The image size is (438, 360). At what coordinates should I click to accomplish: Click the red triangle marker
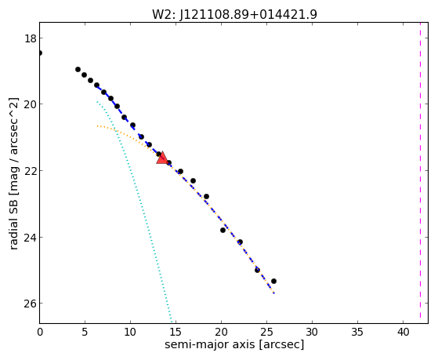162,158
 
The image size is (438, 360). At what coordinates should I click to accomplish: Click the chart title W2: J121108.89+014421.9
234,15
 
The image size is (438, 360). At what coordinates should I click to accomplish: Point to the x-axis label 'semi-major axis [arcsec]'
234,344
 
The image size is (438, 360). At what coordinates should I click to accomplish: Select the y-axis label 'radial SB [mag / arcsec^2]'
13,173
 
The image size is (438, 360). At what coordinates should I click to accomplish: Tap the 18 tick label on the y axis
31,38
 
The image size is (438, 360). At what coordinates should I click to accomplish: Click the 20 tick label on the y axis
31,104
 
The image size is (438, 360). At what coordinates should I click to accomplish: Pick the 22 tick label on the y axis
31,171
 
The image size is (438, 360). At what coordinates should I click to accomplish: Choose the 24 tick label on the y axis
31,237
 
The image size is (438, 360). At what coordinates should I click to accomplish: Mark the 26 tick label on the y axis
31,304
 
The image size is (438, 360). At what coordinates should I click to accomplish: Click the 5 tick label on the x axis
85,333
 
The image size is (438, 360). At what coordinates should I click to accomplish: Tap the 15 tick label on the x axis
176,333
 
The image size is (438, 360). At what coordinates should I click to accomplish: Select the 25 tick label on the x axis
266,333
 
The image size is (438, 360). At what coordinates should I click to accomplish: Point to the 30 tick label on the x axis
312,333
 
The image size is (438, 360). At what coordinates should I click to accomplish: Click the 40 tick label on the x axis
403,333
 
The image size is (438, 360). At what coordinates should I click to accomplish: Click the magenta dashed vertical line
420,173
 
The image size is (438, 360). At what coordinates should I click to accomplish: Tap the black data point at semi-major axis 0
40,53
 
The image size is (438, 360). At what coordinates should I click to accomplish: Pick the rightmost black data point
273,281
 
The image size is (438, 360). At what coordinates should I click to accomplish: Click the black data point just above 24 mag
223,231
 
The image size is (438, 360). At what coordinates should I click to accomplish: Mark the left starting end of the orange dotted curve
97,126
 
